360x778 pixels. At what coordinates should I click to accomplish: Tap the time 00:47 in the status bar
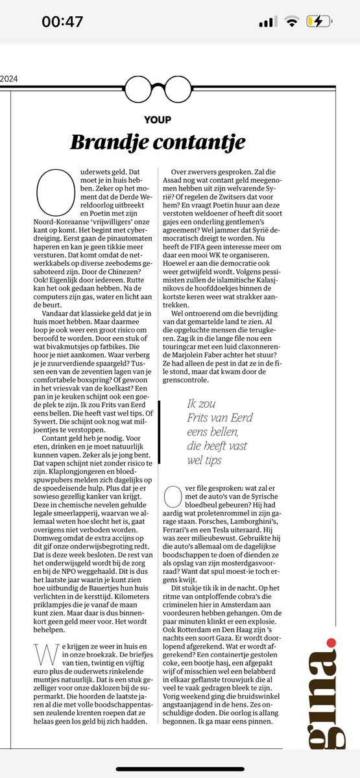pos(62,21)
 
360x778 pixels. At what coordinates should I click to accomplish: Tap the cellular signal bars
pos(268,22)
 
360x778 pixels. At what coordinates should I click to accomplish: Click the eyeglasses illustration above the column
pos(154,86)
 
